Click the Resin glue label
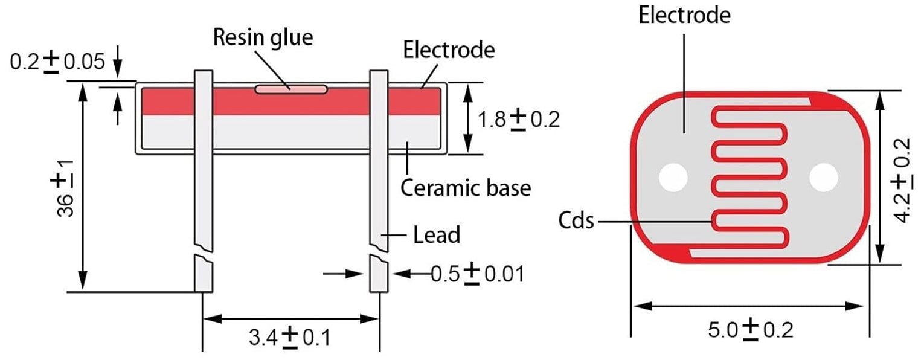[263, 37]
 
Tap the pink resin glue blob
[290, 89]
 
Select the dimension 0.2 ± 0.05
[57, 61]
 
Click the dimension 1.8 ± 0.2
[519, 119]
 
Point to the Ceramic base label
[466, 187]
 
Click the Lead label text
[436, 234]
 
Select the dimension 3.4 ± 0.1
[290, 336]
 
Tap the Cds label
[576, 221]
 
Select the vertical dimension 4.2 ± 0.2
[901, 179]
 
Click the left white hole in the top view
[673, 177]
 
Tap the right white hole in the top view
[824, 177]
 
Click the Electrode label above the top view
[684, 15]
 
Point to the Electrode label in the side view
[449, 50]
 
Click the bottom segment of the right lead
[379, 275]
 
